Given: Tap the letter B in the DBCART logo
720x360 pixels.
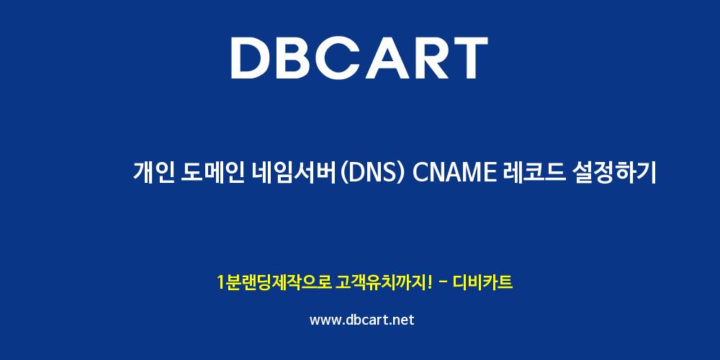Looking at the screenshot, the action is point(300,58).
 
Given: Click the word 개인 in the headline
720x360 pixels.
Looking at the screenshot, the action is point(153,173).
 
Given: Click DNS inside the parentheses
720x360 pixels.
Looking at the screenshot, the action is point(371,173).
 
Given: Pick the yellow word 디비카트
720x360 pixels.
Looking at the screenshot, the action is point(483,282).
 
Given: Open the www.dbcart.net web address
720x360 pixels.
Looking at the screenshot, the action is point(362,320).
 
